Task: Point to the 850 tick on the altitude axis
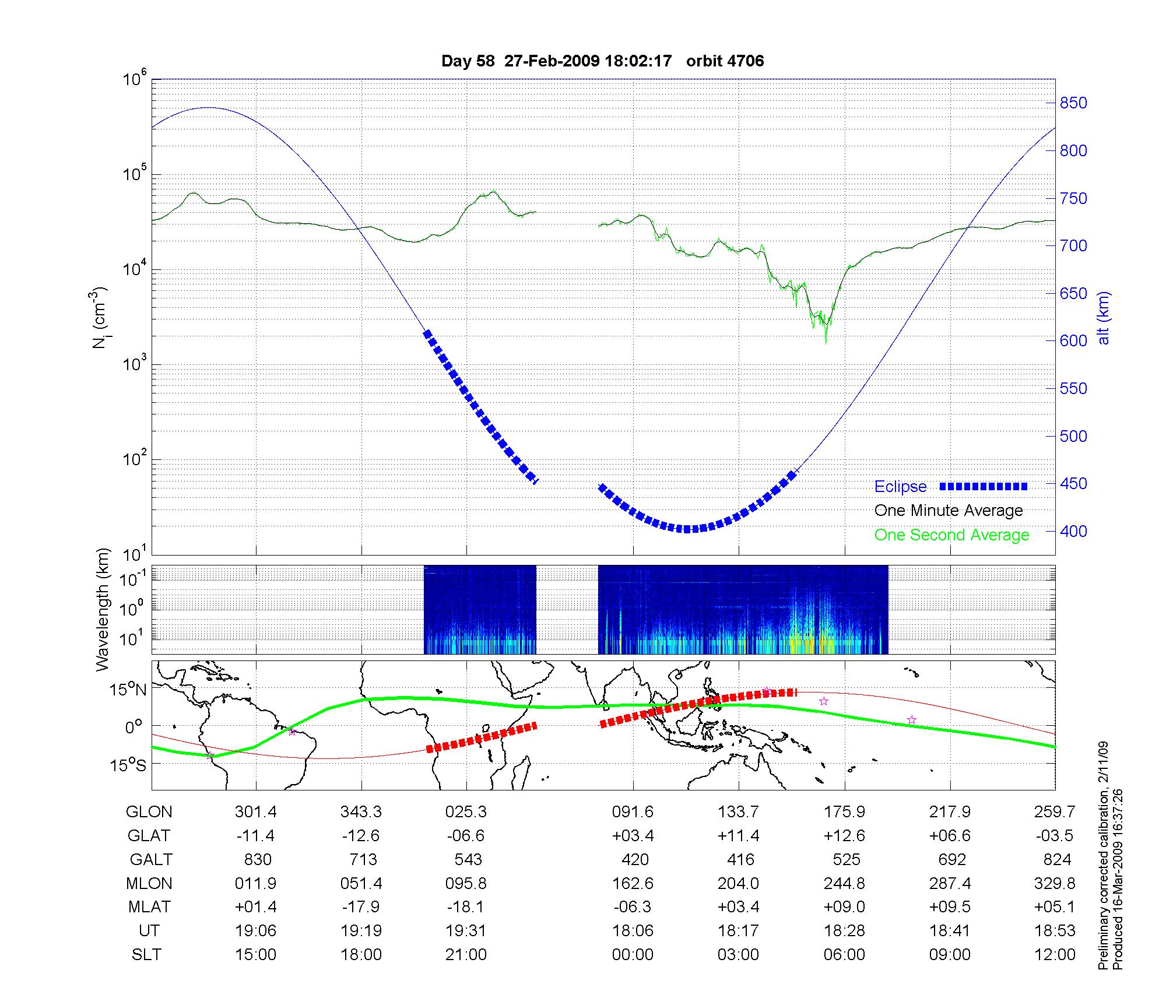[x=1073, y=103]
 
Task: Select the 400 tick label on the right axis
[x=1073, y=531]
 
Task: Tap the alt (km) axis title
[x=1104, y=318]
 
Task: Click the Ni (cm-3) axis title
[x=100, y=318]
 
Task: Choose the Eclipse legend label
[x=900, y=487]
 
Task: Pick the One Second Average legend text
[x=951, y=535]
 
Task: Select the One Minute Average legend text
[x=949, y=511]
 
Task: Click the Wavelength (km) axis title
[x=103, y=610]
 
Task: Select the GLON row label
[x=149, y=812]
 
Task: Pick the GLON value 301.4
[x=256, y=812]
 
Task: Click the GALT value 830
[x=258, y=860]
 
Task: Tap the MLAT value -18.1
[x=466, y=908]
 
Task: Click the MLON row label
[x=149, y=884]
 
